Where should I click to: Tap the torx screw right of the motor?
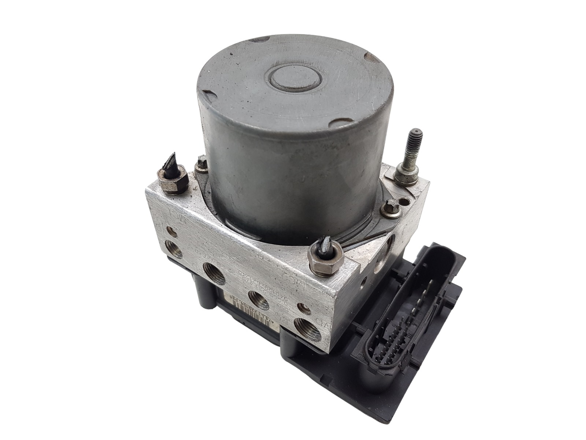pos(387,210)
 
